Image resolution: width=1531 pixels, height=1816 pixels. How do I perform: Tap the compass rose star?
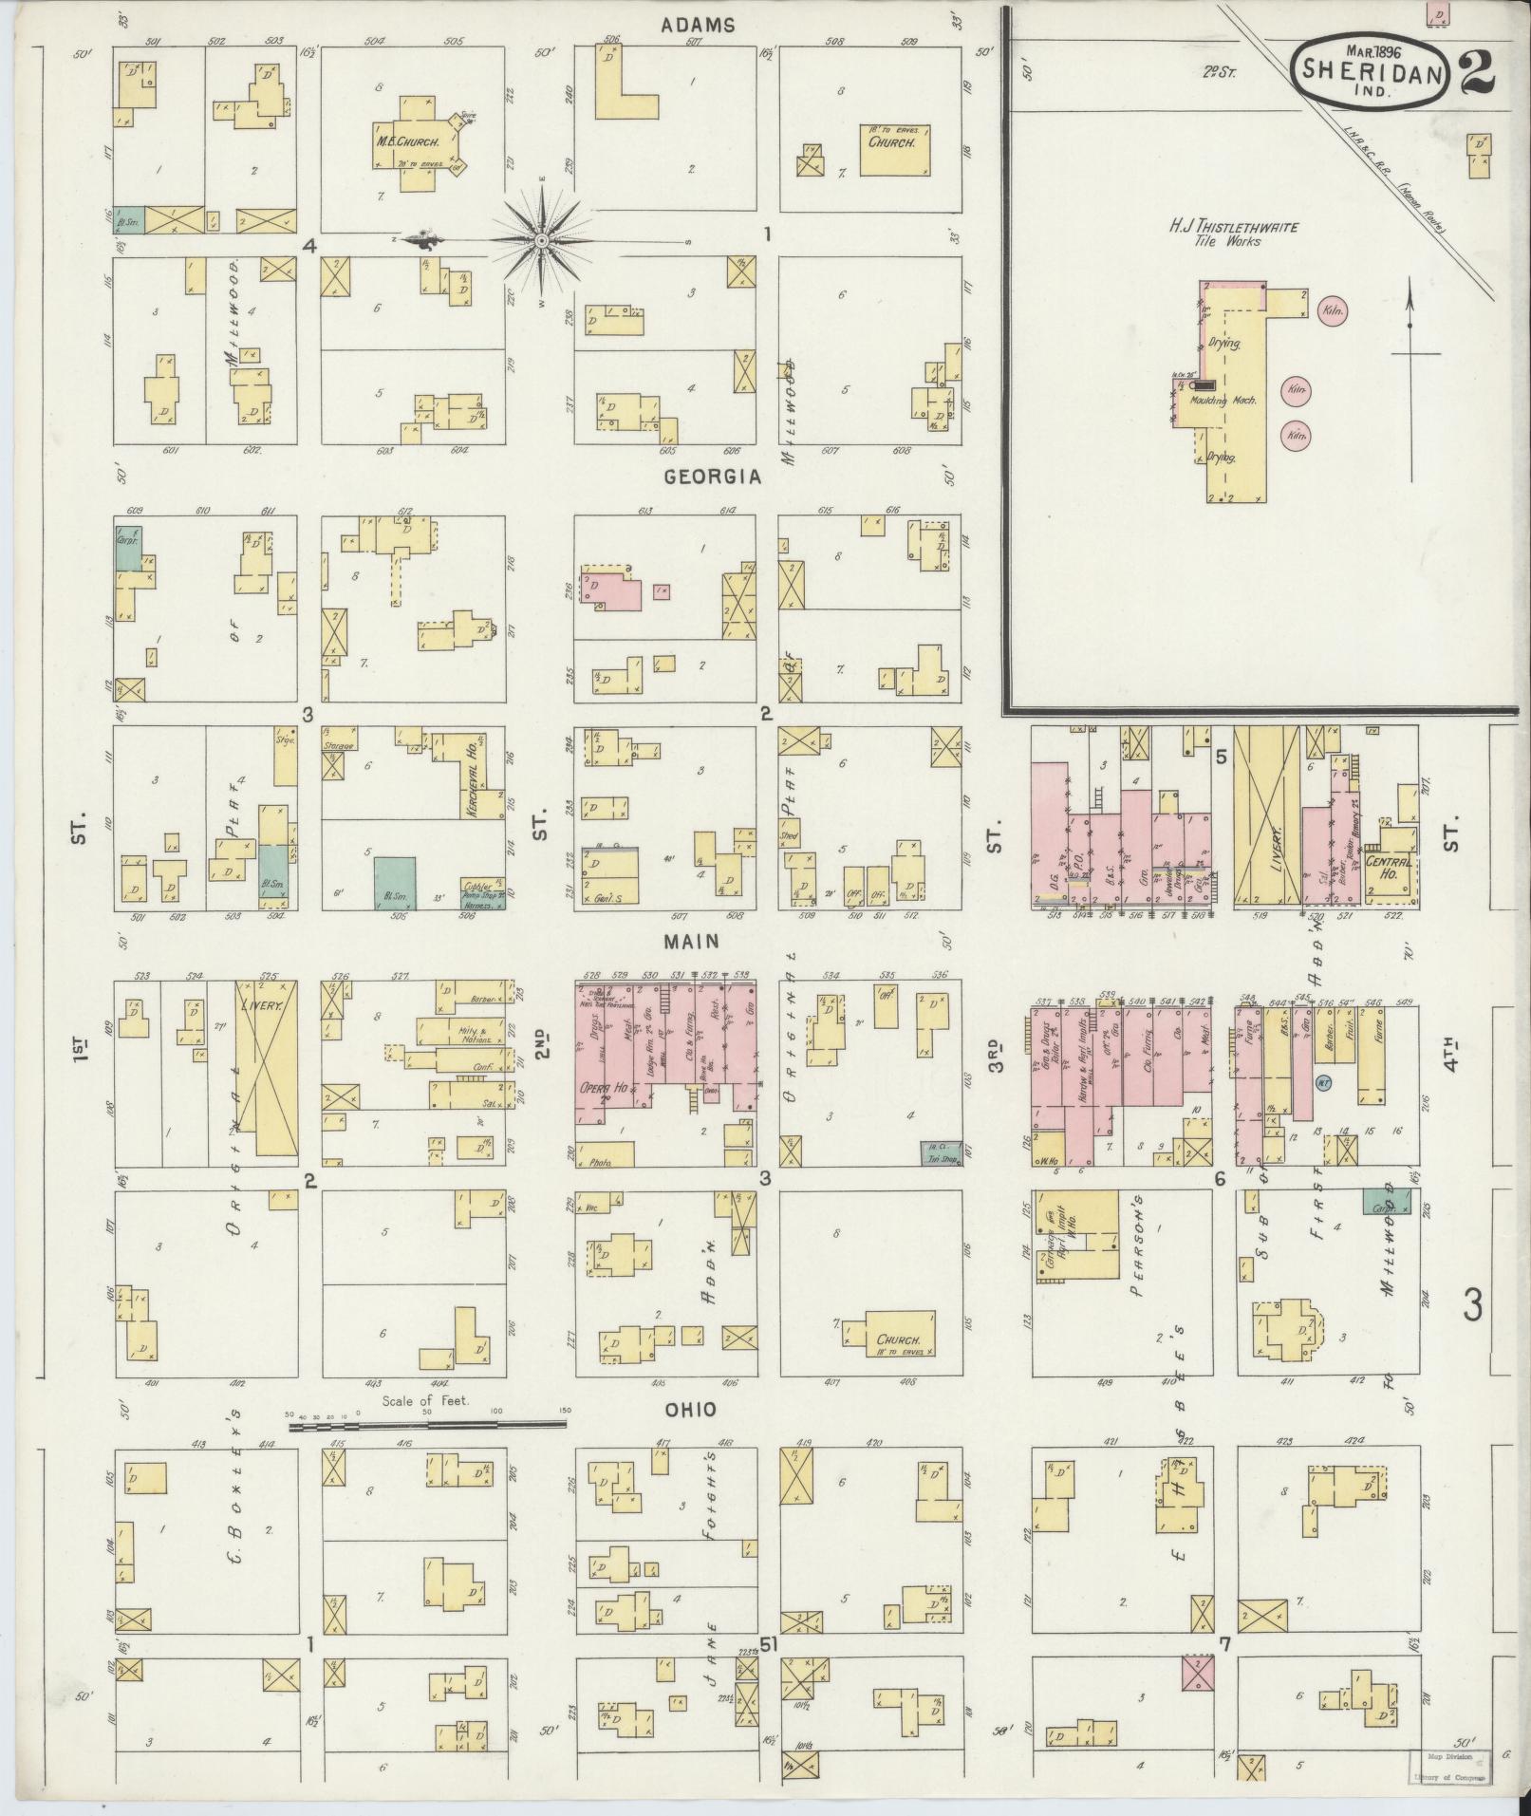coord(541,241)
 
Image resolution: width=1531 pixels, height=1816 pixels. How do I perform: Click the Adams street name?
coord(699,26)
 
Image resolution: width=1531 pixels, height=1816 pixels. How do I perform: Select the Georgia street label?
coord(713,477)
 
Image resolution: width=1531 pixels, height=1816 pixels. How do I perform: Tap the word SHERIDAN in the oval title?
coord(1372,68)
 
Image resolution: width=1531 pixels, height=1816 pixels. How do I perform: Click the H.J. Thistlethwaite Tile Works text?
coord(1221,234)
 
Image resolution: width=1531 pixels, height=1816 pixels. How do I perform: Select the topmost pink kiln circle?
coord(1335,309)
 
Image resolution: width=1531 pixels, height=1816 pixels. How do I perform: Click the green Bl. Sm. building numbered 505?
coord(395,883)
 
